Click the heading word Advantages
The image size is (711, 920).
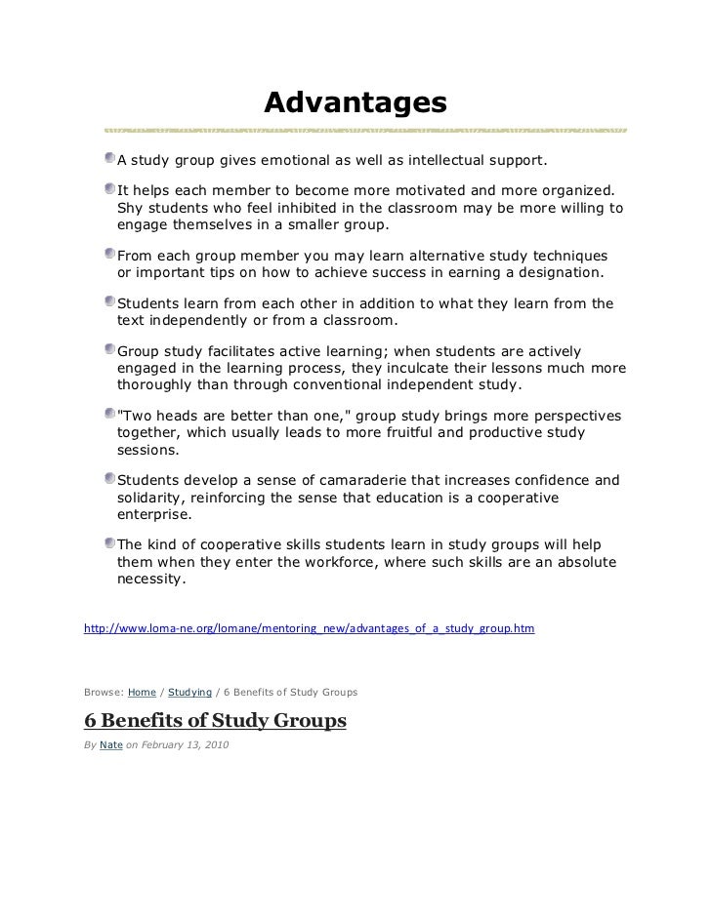(355, 102)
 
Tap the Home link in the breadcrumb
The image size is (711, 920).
(142, 692)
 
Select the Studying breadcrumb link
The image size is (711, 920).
(189, 692)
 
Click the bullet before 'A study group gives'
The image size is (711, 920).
(107, 158)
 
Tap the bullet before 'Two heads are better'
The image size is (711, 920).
(107, 415)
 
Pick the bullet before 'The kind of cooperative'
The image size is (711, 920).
(107, 542)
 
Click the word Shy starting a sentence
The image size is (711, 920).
(131, 207)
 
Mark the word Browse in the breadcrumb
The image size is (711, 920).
(103, 692)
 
